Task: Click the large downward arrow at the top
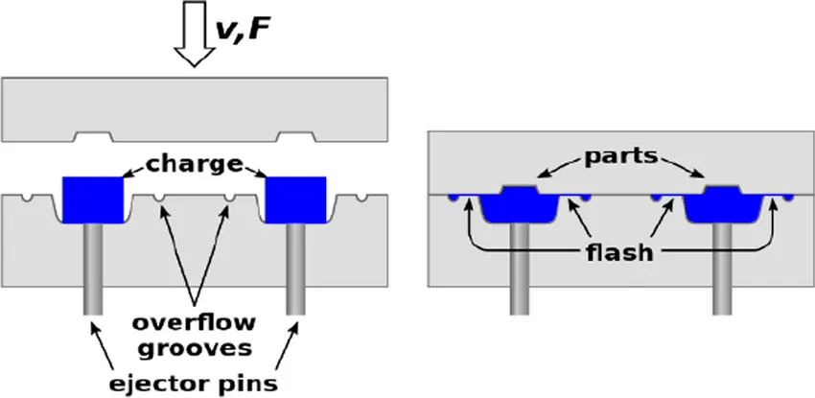pos(197,35)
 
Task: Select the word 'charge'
pos(196,164)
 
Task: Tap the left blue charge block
pos(93,198)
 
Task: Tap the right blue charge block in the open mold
pos(296,198)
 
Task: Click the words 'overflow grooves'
pos(196,332)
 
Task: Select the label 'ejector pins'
pos(196,384)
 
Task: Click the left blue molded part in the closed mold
pos(518,203)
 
